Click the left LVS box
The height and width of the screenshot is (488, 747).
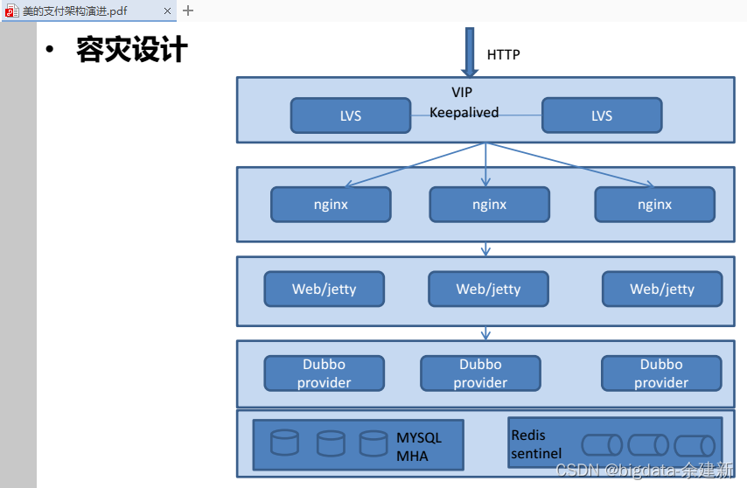pos(351,115)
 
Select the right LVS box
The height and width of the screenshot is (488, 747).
pos(602,115)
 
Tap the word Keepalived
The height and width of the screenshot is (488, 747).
pos(464,112)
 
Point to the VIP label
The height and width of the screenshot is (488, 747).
pos(462,92)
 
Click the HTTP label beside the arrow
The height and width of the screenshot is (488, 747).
pos(503,55)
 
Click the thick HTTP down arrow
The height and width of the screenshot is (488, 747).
pos(470,52)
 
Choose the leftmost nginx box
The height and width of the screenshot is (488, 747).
pos(332,205)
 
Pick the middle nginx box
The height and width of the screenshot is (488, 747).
pos(490,205)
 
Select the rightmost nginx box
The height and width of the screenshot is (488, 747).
pos(655,205)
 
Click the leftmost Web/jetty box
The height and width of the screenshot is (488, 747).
pos(325,289)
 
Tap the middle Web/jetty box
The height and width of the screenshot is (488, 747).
pos(489,289)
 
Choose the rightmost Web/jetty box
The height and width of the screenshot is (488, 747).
pos(662,289)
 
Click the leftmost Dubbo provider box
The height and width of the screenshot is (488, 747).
pos(325,373)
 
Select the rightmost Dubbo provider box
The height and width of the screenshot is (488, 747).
pos(662,373)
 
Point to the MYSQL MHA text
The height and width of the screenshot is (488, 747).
pos(419,447)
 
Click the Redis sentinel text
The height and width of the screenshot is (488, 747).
pos(536,444)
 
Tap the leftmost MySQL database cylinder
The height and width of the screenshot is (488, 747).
pos(285,443)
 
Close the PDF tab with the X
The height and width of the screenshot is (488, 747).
pos(167,10)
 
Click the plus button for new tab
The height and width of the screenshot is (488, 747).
pos(188,10)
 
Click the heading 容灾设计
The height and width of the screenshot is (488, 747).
pos(132,49)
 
